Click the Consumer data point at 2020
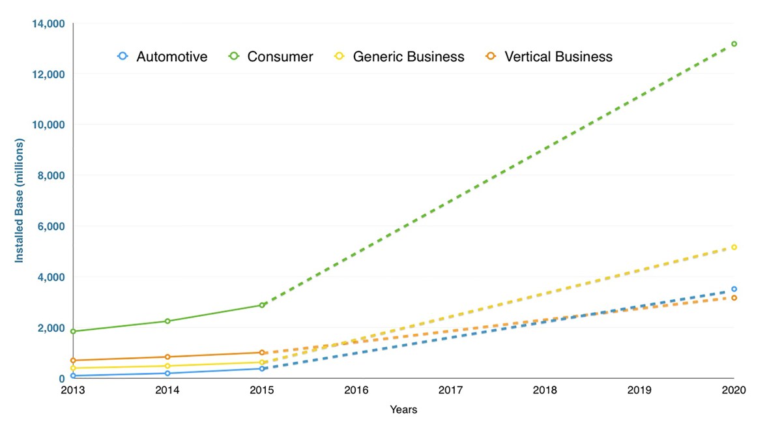[734, 44]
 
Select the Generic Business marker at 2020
[734, 247]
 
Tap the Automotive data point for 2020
[734, 289]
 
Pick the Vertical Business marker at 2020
[734, 298]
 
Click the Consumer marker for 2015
[262, 305]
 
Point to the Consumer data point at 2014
[167, 321]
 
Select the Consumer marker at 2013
[73, 331]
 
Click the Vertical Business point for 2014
[167, 357]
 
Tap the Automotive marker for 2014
[167, 373]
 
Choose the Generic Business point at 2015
[262, 362]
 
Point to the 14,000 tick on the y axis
[48, 23]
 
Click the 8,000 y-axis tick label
[50, 175]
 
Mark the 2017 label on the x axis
[450, 390]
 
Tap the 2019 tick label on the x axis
[639, 390]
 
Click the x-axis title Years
[403, 410]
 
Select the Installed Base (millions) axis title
[19, 201]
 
